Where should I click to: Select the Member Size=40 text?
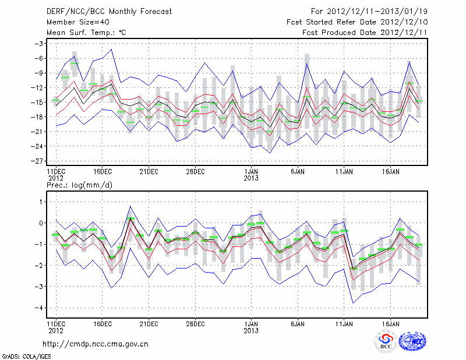(x=73, y=22)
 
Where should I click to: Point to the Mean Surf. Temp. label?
(x=86, y=33)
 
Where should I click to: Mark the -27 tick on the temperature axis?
(x=38, y=161)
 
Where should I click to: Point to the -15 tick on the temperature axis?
(x=38, y=103)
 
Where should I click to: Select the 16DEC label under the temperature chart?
(x=103, y=172)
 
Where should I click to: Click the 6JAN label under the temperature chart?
(x=298, y=172)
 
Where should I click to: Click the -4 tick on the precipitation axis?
(x=40, y=308)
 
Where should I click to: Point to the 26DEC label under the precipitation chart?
(x=196, y=323)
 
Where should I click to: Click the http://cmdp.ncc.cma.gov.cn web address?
(x=96, y=344)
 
